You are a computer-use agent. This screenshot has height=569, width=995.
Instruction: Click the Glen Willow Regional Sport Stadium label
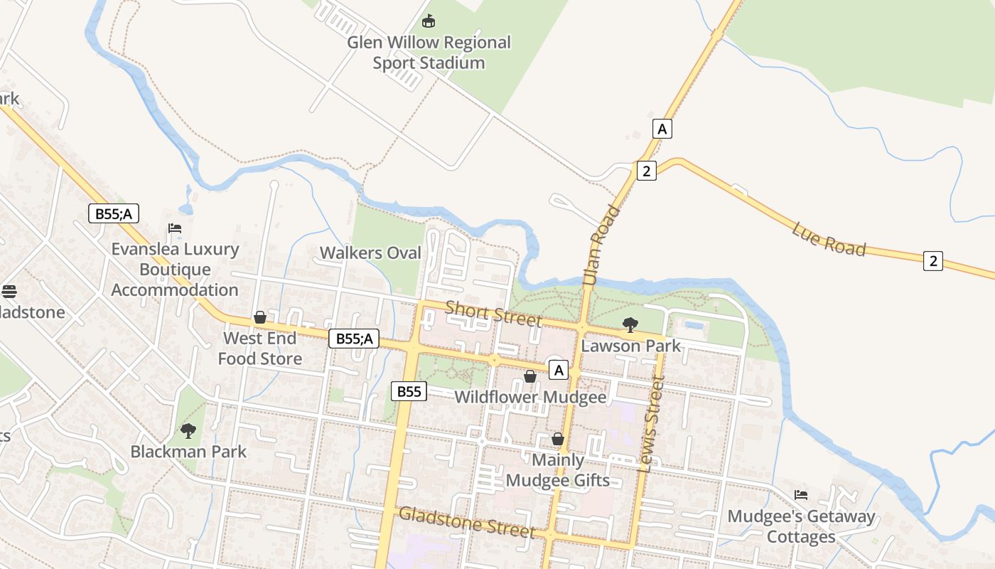tap(429, 53)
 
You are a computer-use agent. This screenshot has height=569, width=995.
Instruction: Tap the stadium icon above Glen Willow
tap(428, 21)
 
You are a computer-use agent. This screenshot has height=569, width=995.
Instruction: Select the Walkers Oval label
tap(370, 253)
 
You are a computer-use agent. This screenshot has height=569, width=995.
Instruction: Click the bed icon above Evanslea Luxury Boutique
tap(175, 228)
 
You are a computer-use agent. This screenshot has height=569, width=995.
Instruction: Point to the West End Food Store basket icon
tap(260, 317)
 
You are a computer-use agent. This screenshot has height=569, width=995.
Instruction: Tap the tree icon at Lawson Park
tap(630, 325)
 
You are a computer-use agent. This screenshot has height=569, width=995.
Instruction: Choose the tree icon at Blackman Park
tap(188, 430)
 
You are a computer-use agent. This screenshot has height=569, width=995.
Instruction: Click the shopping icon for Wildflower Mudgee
tap(530, 376)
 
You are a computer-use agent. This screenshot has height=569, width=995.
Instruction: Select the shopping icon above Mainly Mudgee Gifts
tap(558, 440)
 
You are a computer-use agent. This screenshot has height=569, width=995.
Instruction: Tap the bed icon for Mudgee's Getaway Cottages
tap(801, 495)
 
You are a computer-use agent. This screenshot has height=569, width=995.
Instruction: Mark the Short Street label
tap(493, 313)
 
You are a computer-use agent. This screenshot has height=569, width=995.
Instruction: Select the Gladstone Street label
tap(466, 522)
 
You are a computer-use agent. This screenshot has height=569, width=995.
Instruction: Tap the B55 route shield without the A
tap(409, 391)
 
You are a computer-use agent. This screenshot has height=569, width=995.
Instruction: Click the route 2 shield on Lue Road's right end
tap(933, 261)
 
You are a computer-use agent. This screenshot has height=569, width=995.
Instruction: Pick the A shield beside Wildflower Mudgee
tap(559, 370)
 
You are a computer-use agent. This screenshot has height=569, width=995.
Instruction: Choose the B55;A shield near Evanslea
tap(114, 213)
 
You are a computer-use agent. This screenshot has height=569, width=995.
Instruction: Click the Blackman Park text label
tap(188, 452)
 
